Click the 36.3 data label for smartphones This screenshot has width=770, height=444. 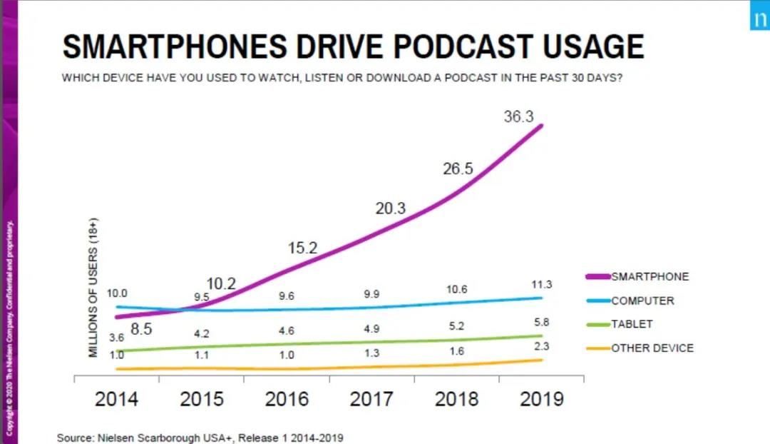click(x=518, y=117)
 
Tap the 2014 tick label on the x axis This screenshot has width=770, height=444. click(x=117, y=399)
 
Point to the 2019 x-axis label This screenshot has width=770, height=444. click(x=542, y=399)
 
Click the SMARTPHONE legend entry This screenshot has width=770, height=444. click(x=650, y=277)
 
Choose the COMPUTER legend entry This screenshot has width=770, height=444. click(x=642, y=301)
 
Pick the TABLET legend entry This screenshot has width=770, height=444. click(x=632, y=324)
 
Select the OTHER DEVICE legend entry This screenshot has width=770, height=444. click(x=652, y=348)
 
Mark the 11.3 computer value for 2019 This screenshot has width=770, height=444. click(x=542, y=285)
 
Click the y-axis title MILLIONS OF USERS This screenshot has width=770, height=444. click(x=93, y=287)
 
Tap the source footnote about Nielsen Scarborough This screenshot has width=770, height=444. click(x=205, y=438)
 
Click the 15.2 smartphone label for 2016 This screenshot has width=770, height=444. click(x=302, y=249)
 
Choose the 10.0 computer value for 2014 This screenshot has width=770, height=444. click(x=117, y=293)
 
